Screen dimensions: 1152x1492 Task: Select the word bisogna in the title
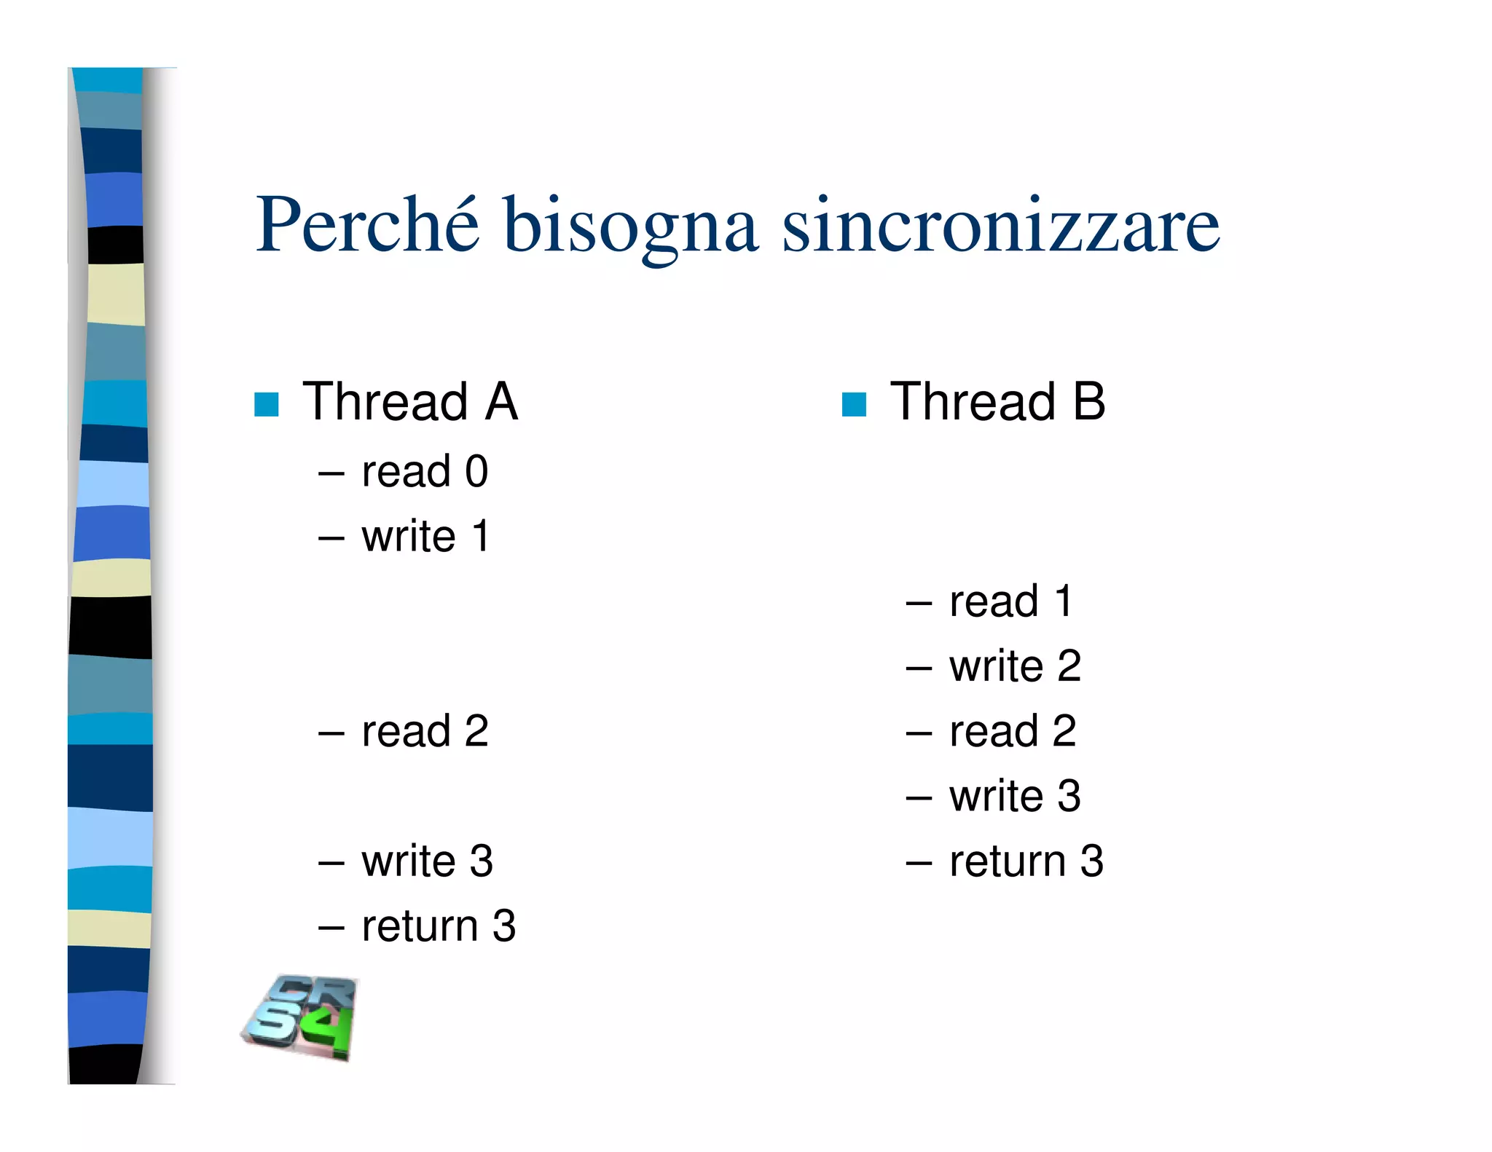pyautogui.click(x=630, y=227)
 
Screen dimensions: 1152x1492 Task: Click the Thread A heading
pyautogui.click(x=410, y=402)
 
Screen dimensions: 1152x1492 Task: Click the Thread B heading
pyautogui.click(x=997, y=402)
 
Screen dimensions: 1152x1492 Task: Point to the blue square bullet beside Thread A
pyautogui.click(x=267, y=404)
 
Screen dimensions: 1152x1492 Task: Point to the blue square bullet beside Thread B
pyautogui.click(x=854, y=404)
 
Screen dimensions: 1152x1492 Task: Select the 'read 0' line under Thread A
pyautogui.click(x=425, y=471)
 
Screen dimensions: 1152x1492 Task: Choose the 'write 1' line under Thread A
pyautogui.click(x=425, y=537)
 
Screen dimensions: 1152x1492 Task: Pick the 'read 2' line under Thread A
pyautogui.click(x=425, y=731)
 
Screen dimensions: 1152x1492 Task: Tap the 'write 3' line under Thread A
pyautogui.click(x=427, y=861)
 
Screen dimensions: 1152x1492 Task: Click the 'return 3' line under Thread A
pyautogui.click(x=439, y=926)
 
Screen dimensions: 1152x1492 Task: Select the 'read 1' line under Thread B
pyautogui.click(x=1010, y=601)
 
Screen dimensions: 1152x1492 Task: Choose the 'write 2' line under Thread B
pyautogui.click(x=1015, y=666)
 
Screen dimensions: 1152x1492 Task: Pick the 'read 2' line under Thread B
pyautogui.click(x=1013, y=731)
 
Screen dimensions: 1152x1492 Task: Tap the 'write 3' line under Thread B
pyautogui.click(x=1015, y=796)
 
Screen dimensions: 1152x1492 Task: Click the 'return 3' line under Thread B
pyautogui.click(x=1026, y=861)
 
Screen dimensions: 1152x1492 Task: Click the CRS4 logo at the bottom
pyautogui.click(x=300, y=1017)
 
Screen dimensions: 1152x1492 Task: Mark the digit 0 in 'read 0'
pyautogui.click(x=476, y=472)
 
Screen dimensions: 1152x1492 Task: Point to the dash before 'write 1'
pyautogui.click(x=331, y=539)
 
